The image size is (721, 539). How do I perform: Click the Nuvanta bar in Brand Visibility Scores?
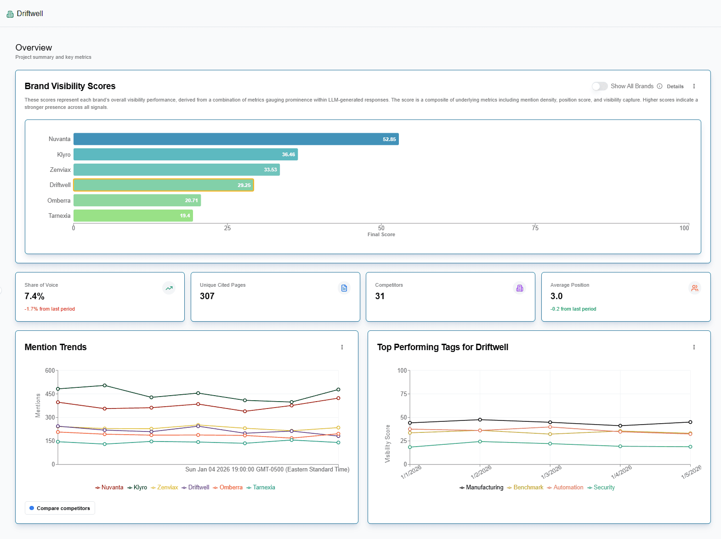[x=236, y=139]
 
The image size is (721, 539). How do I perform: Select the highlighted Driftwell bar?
[x=164, y=185]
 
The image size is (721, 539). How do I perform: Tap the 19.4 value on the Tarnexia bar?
[x=185, y=216]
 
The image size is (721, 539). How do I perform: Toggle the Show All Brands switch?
[x=599, y=86]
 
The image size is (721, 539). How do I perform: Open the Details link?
[x=675, y=86]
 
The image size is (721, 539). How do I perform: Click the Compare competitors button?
[x=60, y=508]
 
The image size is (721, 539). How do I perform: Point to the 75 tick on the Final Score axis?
[x=535, y=228]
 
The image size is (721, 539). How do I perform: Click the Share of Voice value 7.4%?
[x=34, y=296]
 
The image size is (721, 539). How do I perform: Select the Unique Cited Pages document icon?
[x=344, y=288]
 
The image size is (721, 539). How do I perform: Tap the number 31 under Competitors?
[x=380, y=296]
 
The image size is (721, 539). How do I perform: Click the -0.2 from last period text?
[x=573, y=309]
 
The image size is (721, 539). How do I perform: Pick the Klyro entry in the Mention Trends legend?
[x=137, y=488]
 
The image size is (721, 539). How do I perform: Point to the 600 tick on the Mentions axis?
[x=50, y=370]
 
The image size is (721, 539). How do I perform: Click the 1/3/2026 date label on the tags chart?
[x=551, y=472]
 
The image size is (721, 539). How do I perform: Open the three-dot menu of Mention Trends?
[x=342, y=347]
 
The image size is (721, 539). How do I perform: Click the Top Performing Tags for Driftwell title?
[x=443, y=347]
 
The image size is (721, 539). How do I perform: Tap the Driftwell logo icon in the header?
[x=10, y=14]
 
